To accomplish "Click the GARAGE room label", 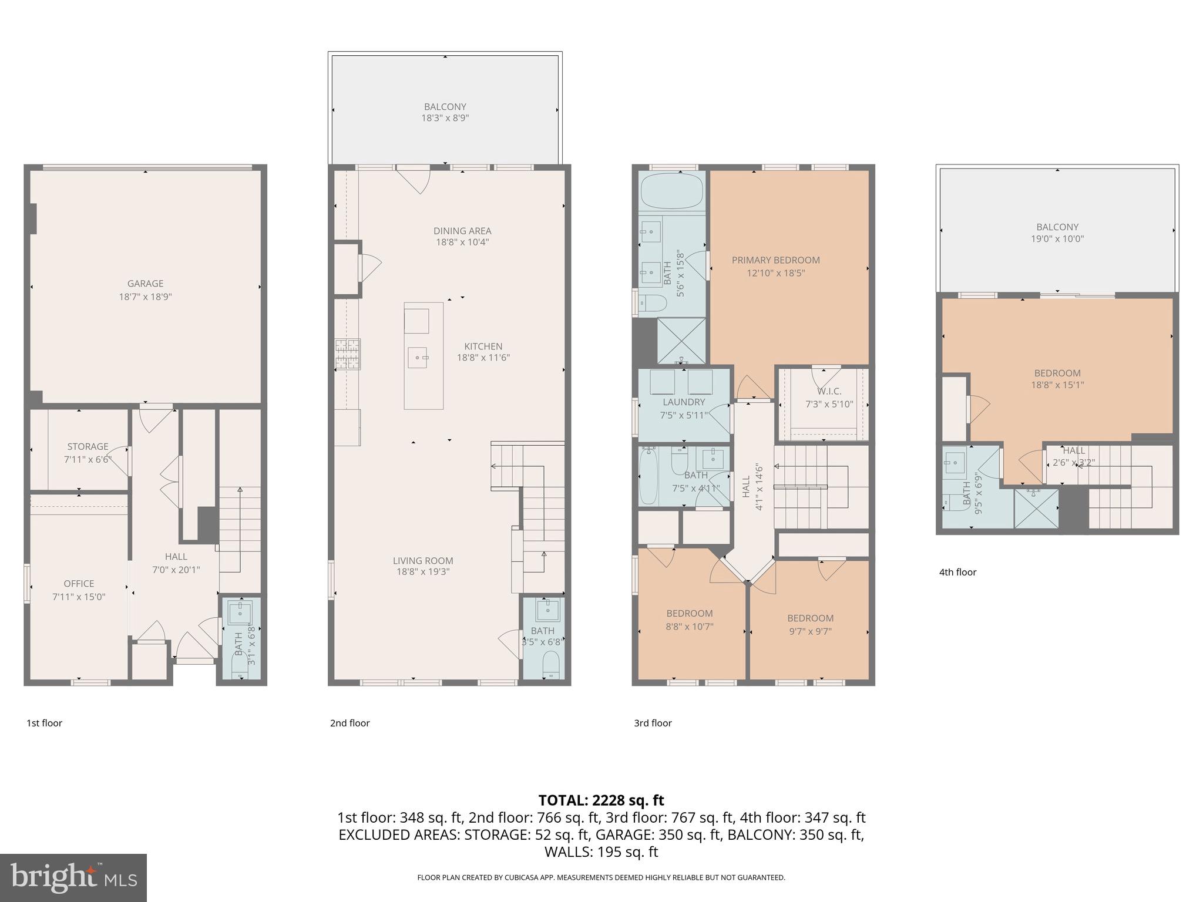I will click(x=146, y=284).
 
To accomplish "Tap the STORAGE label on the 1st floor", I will click(x=88, y=446).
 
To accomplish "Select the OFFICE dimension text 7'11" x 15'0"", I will click(x=79, y=597).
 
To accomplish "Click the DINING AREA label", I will click(x=462, y=231).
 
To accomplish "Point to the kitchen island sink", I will click(x=418, y=356).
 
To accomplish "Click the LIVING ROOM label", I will click(x=423, y=561).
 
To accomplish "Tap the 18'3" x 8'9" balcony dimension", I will click(x=445, y=118).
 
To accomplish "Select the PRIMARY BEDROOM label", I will click(x=775, y=260).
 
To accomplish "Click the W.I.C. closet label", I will click(x=829, y=391).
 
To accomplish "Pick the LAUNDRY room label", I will click(x=684, y=402).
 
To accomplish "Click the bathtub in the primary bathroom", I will click(x=672, y=191).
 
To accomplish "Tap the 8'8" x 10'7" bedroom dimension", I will click(x=689, y=626).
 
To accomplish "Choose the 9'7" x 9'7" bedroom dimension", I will click(x=810, y=631).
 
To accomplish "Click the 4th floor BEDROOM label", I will click(x=1057, y=373).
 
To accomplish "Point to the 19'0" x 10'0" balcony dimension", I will click(x=1057, y=239).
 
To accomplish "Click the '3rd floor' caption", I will click(x=653, y=723).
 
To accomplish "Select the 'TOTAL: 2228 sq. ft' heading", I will click(x=601, y=800).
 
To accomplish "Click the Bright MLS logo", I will click(x=73, y=877).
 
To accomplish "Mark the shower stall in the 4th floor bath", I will click(x=1036, y=509).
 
